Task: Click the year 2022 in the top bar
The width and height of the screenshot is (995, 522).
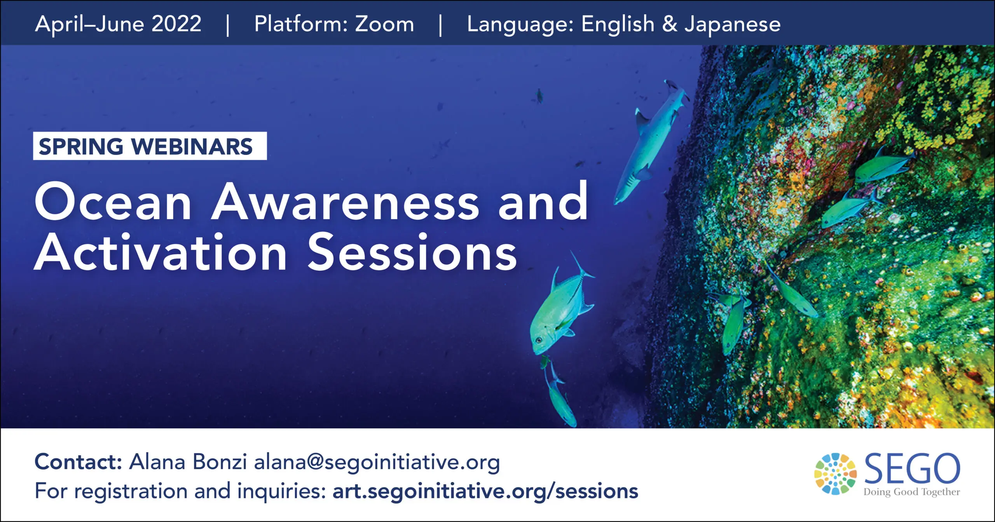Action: coord(176,24)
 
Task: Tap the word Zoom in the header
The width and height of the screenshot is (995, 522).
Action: coord(384,24)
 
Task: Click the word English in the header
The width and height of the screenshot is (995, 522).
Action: coord(618,24)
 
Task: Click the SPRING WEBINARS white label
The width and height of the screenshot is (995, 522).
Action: coord(150,146)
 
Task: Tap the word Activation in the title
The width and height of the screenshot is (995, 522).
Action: coord(161,252)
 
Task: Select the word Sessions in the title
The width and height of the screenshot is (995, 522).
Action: coord(412,252)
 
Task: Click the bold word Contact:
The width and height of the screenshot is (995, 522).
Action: coord(79,462)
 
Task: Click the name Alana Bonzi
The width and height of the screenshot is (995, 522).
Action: coord(188,462)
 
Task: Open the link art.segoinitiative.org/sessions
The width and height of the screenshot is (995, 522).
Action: coord(485,491)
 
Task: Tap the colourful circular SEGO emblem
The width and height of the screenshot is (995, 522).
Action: coord(836,474)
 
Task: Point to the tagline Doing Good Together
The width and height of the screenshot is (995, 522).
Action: coord(911,492)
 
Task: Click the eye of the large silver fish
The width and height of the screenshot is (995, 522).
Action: coord(539,340)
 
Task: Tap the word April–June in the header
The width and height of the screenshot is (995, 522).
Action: coord(90,24)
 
